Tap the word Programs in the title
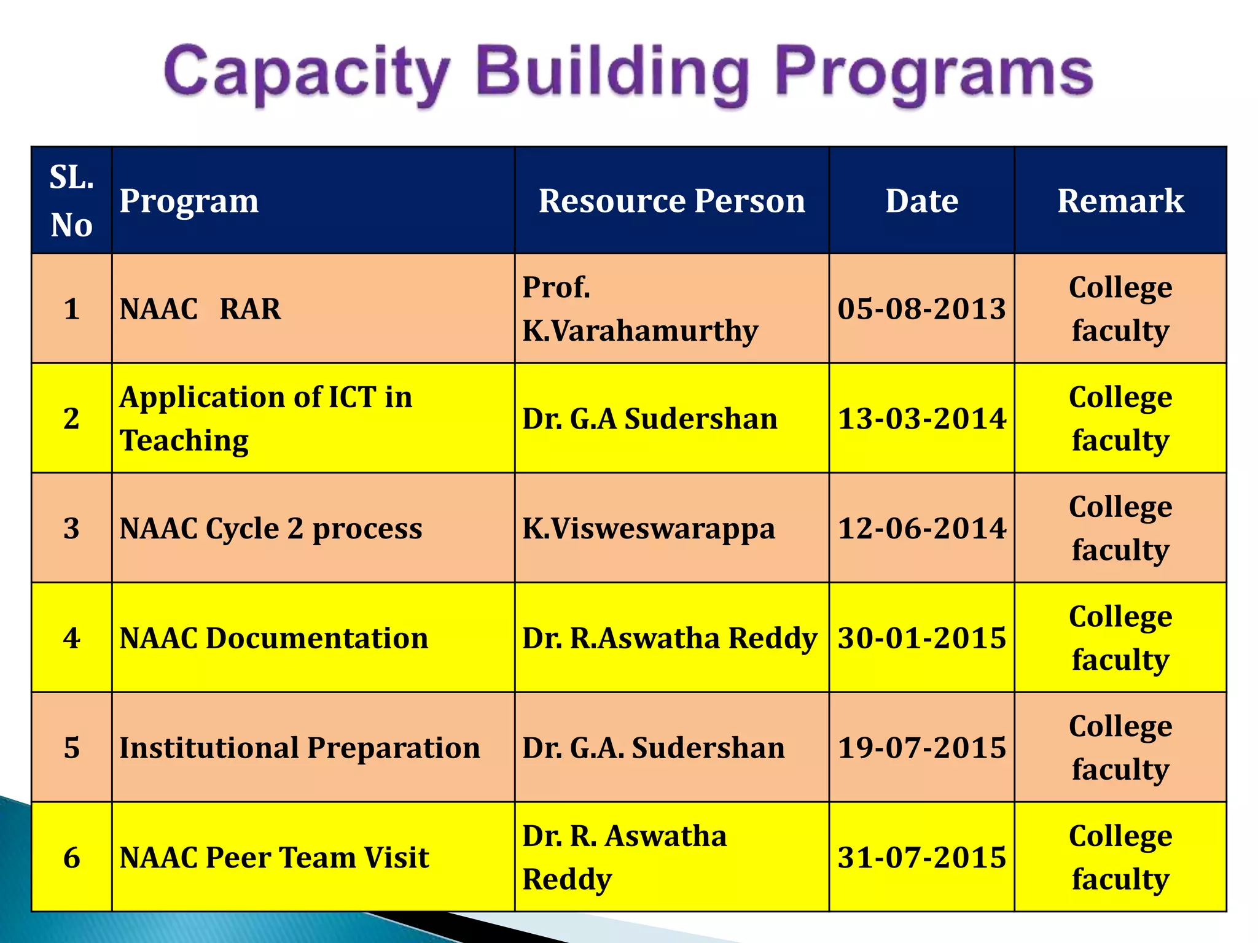click(934, 74)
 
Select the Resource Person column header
click(671, 201)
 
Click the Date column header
click(921, 201)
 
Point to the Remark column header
click(1120, 201)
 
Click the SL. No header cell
click(71, 201)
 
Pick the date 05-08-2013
click(921, 309)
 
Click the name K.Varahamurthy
click(640, 331)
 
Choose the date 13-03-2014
click(921, 419)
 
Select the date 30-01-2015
click(921, 638)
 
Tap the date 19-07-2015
click(921, 748)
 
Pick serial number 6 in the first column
click(71, 858)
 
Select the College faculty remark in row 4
click(1120, 638)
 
